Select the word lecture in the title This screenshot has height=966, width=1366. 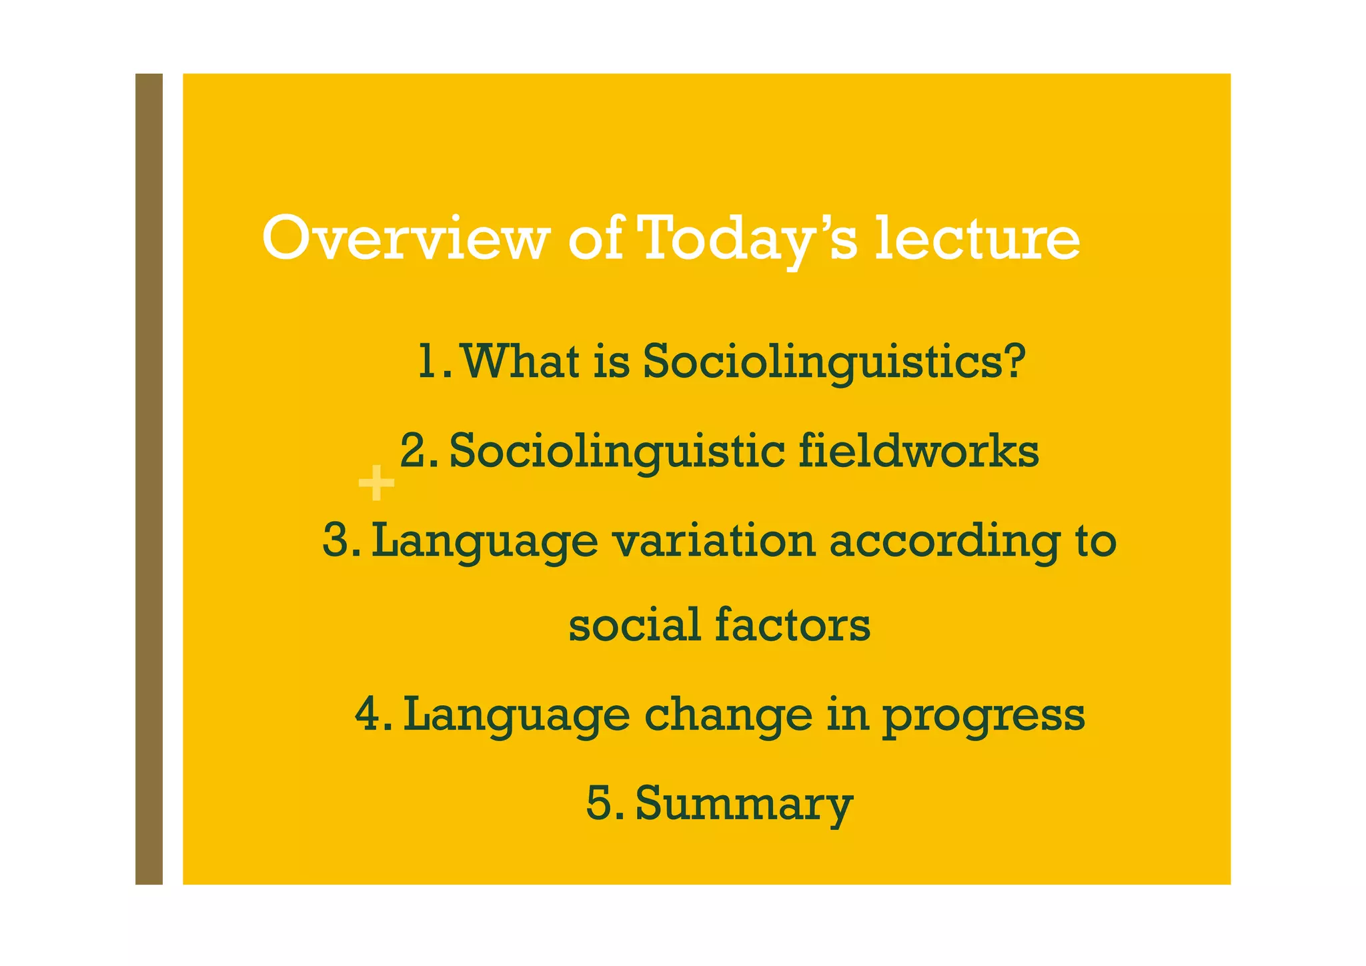coord(977,239)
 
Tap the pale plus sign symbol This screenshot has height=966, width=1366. coord(377,483)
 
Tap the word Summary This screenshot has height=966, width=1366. coord(744,804)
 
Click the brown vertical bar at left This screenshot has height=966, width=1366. coord(149,479)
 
